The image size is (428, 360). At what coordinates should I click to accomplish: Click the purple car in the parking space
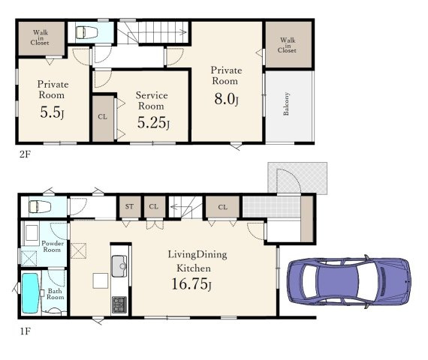349,281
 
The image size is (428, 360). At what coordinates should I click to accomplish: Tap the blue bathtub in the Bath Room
30,293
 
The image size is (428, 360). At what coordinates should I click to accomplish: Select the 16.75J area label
191,284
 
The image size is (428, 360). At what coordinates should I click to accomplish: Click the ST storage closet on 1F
130,207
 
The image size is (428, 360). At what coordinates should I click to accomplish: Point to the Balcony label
286,104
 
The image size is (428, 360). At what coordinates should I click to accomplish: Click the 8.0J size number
227,99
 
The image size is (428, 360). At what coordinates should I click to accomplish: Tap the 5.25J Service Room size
153,122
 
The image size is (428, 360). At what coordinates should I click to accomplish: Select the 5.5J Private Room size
52,112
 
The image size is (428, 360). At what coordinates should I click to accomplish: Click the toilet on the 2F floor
86,32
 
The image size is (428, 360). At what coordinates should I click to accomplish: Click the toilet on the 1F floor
40,206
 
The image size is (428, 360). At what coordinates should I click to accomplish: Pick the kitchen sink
119,266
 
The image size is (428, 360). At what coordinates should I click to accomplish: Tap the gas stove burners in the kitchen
119,304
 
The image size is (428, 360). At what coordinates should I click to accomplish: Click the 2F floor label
25,154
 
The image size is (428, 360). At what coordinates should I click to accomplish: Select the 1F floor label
26,331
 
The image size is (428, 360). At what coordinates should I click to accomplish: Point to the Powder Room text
53,246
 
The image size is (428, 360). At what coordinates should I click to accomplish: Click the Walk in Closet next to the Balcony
288,45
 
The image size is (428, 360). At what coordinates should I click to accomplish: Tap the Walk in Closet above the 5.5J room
41,38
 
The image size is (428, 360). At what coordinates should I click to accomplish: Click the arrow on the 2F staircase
163,32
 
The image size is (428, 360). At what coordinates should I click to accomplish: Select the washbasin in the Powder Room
32,232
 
